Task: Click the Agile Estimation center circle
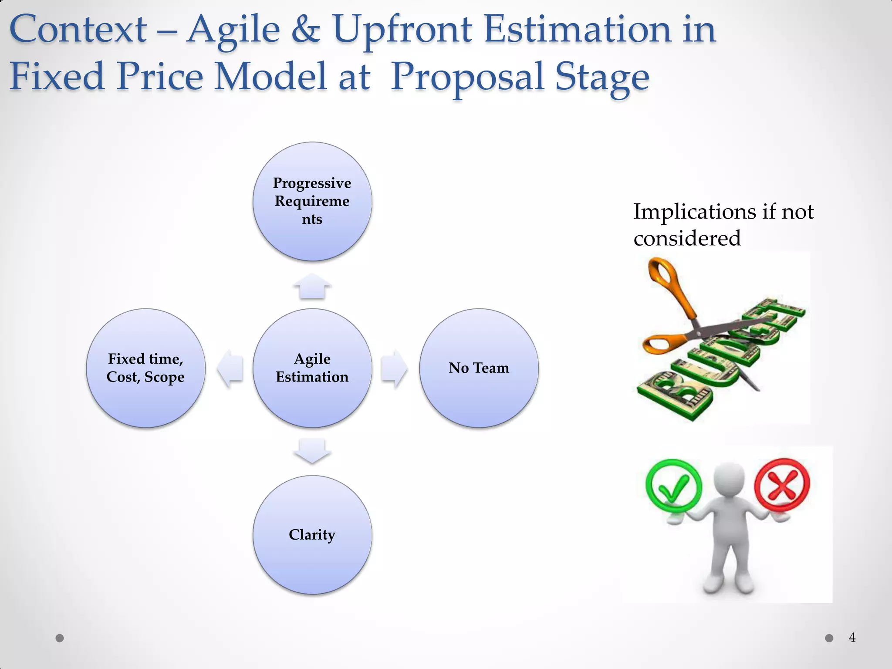click(x=312, y=368)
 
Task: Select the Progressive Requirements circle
click(x=312, y=201)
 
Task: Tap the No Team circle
click(x=479, y=368)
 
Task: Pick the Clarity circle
click(x=312, y=535)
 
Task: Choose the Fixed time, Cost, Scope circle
click(x=145, y=368)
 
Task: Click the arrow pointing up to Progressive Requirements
click(x=312, y=286)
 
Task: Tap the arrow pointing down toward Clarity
click(x=312, y=450)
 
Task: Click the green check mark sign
click(x=673, y=486)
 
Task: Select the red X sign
click(x=782, y=484)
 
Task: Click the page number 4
click(x=852, y=638)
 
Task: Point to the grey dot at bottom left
click(x=60, y=638)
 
